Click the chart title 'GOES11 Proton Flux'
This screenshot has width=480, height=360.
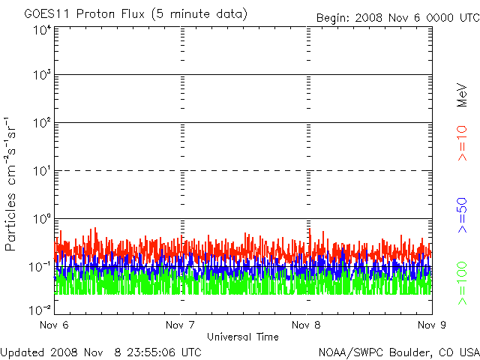[85, 14]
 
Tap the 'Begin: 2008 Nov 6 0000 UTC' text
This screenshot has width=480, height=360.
[398, 18]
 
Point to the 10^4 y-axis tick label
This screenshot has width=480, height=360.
[42, 30]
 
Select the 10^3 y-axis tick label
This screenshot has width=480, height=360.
[42, 74]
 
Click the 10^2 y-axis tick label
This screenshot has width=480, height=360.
[42, 123]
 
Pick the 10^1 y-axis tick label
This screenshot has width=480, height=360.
[42, 171]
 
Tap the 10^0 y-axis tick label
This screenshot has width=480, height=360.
[42, 219]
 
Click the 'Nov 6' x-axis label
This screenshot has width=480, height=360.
[54, 325]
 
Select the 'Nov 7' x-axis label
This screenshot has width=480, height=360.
[180, 325]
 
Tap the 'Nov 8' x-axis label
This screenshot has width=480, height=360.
[306, 325]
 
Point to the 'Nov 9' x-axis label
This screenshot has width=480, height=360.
[432, 325]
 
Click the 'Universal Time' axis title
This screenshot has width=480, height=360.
[243, 337]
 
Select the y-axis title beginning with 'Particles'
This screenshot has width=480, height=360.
[10, 184]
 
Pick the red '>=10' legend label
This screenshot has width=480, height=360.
[462, 143]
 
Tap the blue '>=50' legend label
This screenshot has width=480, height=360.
[462, 215]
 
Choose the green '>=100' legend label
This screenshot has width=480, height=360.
[462, 283]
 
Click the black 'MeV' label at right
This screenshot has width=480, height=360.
[462, 95]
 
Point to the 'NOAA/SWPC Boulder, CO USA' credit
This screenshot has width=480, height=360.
[399, 352]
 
